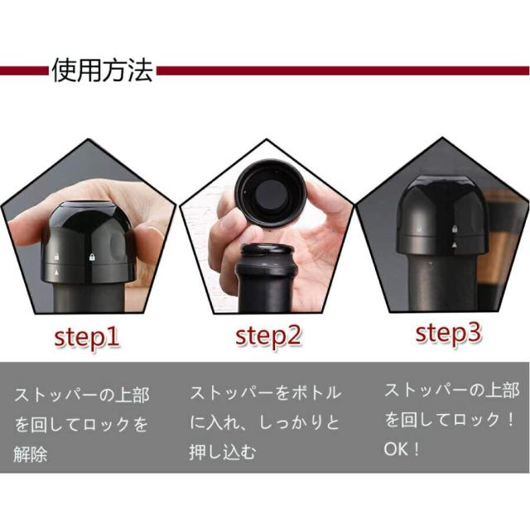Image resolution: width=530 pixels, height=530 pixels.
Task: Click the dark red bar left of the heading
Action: [x=23, y=71]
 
